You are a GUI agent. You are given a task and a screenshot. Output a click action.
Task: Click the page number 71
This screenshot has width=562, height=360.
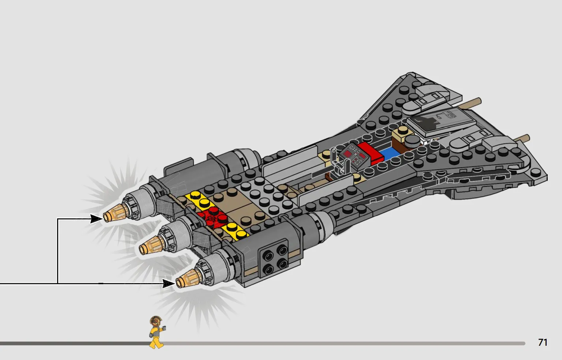tap(543, 342)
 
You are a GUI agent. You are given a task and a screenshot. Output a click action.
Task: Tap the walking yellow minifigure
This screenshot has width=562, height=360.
tap(157, 332)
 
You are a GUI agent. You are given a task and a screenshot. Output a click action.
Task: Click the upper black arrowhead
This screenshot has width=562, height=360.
tap(96, 219)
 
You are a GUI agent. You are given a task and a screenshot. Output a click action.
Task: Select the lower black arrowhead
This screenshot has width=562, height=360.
tap(168, 284)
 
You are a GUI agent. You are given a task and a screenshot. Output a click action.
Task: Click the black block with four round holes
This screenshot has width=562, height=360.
tap(274, 258)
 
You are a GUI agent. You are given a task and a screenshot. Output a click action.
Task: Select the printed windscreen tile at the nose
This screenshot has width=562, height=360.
tap(441, 121)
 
